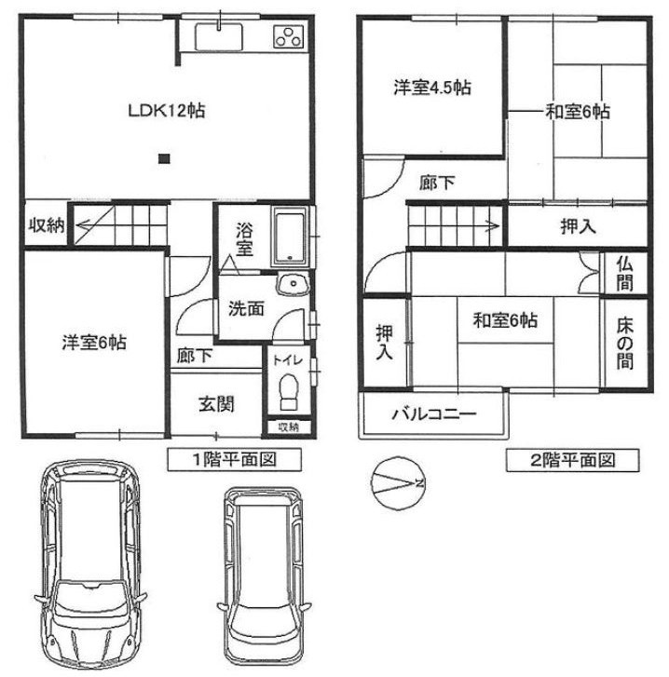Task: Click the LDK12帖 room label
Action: pos(166,110)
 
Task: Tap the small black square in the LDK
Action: pos(164,158)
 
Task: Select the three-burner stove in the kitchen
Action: pos(289,37)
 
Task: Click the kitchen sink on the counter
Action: pos(220,38)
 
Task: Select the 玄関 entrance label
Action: pos(215,404)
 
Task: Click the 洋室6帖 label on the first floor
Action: pos(94,343)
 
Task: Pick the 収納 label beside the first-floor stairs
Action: pos(44,226)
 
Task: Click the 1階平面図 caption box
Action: pos(222,458)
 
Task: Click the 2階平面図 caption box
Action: pos(573,458)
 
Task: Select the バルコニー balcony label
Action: pos(433,413)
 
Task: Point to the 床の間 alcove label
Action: pos(623,342)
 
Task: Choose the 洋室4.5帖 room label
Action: pos(430,88)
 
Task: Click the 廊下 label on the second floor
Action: pos(437,183)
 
